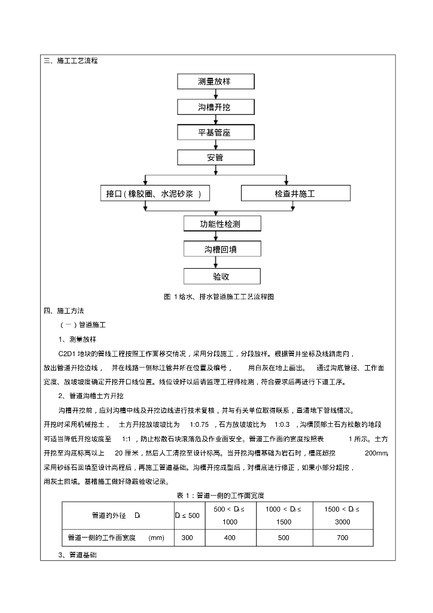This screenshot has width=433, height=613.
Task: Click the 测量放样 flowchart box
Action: (215, 81)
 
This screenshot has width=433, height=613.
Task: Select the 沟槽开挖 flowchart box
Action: (215, 107)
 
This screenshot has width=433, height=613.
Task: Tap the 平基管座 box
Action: (215, 132)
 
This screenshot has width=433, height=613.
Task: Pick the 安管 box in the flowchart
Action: (215, 158)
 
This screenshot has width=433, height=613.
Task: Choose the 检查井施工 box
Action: (295, 193)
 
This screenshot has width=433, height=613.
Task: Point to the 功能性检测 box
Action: (222, 224)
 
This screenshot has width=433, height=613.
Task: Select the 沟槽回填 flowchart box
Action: (222, 250)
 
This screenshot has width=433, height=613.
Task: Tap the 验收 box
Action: (222, 276)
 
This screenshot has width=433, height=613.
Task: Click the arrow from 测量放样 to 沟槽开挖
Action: (215, 94)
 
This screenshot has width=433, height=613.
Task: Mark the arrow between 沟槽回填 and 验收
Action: (222, 263)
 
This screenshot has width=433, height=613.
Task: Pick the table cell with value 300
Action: (187, 538)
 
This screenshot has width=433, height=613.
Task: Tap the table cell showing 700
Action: (342, 538)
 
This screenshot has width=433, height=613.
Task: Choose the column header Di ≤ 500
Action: (187, 515)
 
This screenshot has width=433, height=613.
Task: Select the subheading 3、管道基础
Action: (78, 555)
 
